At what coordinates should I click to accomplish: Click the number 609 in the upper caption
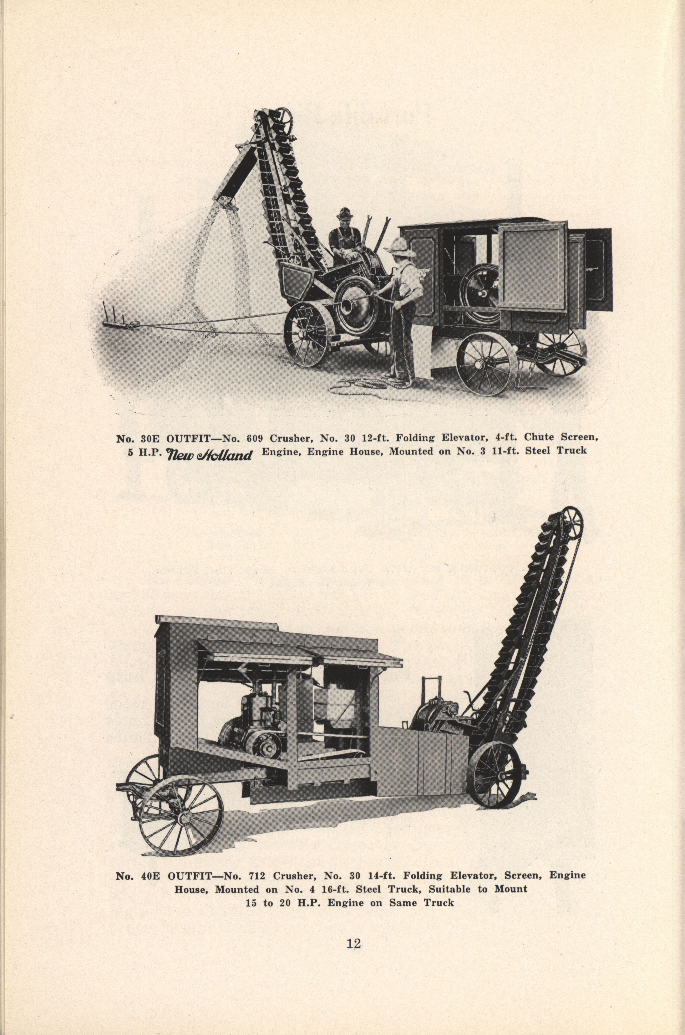(x=256, y=438)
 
